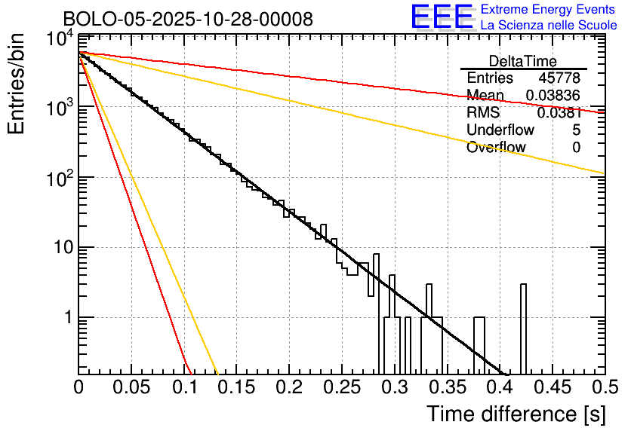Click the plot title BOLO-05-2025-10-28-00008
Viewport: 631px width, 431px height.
(188, 19)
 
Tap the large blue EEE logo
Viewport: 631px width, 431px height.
(442, 17)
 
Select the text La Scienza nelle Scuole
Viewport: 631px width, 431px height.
(549, 25)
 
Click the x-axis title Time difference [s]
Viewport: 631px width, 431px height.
(515, 414)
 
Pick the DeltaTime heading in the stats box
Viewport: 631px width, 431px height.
(523, 61)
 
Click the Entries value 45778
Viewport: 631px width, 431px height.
(559, 78)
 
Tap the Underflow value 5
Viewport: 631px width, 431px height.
(577, 130)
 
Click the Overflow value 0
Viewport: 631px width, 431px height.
(577, 148)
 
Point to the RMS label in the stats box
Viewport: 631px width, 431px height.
(483, 113)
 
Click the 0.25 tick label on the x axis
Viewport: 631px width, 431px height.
(340, 388)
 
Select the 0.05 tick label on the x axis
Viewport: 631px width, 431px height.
(131, 388)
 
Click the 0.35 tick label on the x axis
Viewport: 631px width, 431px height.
(446, 388)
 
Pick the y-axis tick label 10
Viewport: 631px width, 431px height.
(60, 248)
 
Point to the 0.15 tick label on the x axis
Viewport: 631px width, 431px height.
(235, 388)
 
